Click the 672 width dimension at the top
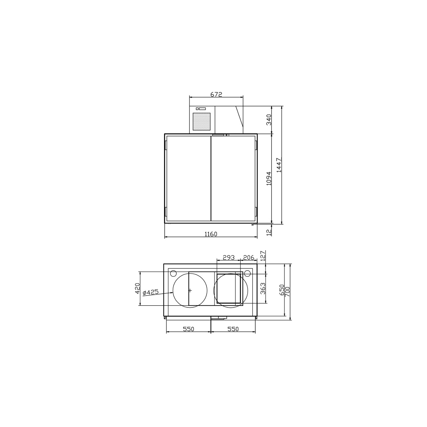tap(216, 94)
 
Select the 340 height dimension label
tap(269, 120)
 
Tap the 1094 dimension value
tap(269, 178)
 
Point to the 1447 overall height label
tap(279, 165)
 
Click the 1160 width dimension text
tap(211, 234)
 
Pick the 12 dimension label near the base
tap(269, 232)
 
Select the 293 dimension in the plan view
tap(228, 257)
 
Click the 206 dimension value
tap(248, 257)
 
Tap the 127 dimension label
tap(263, 256)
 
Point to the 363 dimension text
tap(263, 288)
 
